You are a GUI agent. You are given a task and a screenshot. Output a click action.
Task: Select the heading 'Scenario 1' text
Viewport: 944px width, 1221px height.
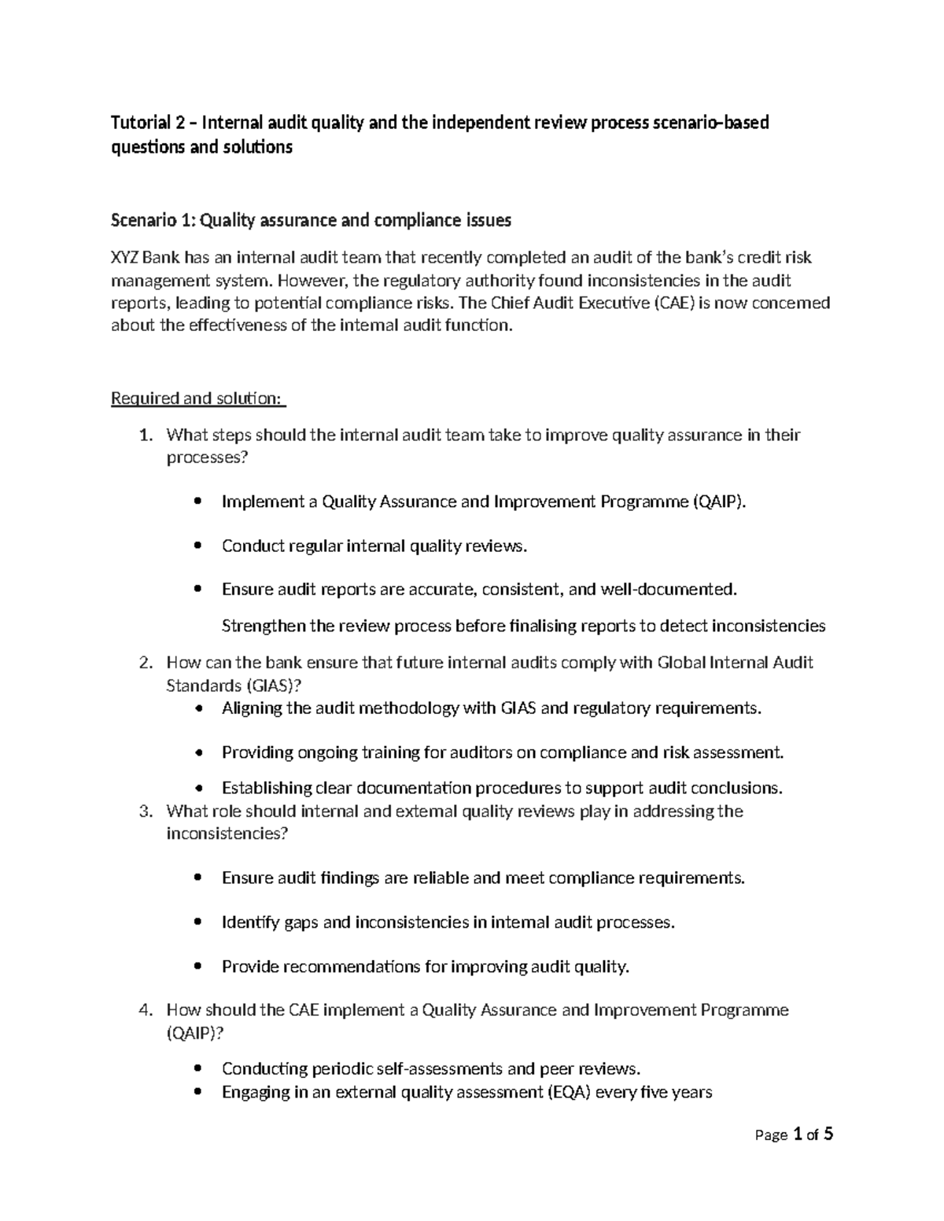click(x=153, y=221)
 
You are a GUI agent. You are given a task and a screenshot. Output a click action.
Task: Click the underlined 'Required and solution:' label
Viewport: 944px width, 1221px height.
click(x=197, y=399)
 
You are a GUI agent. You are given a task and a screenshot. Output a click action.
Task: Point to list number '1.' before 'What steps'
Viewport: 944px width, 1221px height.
click(x=145, y=436)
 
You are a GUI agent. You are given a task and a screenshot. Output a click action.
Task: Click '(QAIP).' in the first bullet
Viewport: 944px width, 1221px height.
click(x=718, y=502)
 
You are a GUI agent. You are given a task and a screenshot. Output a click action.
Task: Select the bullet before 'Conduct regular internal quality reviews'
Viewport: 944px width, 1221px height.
click(x=197, y=546)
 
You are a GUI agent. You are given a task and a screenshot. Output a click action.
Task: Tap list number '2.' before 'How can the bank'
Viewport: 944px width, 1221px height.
click(x=145, y=663)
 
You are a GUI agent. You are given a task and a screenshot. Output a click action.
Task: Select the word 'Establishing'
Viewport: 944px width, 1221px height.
click(x=267, y=788)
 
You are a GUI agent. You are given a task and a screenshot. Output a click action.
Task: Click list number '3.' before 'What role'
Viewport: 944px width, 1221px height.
click(x=145, y=811)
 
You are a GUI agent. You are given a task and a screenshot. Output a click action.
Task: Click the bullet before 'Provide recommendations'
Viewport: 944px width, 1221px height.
click(x=197, y=967)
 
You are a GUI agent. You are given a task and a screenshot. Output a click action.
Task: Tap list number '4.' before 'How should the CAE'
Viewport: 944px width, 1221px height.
click(x=145, y=1010)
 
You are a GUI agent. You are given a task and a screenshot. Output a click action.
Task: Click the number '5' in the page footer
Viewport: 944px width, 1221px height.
click(x=828, y=1134)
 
